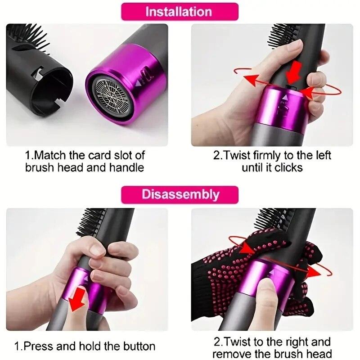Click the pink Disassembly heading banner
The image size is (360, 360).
(x=180, y=194)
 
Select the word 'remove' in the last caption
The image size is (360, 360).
(x=229, y=354)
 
